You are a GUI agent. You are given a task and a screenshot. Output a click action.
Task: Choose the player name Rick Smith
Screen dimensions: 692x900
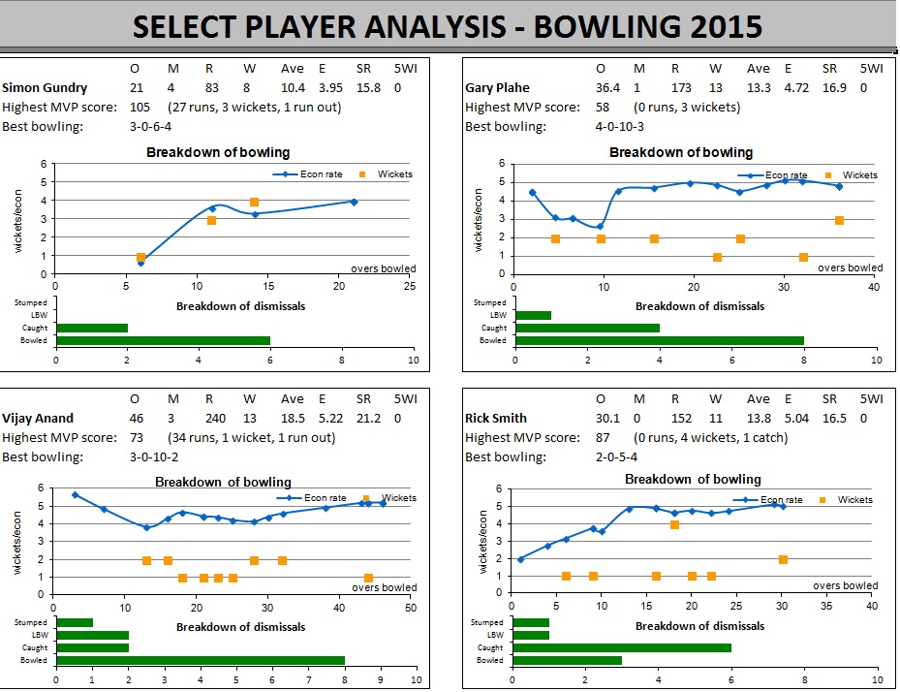496,419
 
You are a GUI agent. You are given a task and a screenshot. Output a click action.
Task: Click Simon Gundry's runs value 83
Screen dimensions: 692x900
213,88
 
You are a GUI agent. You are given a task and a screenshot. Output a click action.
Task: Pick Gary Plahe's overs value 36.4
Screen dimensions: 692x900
601,88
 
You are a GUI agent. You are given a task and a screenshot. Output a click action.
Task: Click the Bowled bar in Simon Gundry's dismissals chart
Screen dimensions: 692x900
163,340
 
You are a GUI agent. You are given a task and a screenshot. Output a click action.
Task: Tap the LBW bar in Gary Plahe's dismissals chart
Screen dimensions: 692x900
534,315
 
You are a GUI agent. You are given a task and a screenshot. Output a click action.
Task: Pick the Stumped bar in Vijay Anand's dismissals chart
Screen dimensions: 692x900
75,622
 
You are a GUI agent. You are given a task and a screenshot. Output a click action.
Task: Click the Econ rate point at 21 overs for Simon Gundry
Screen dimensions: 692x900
354,202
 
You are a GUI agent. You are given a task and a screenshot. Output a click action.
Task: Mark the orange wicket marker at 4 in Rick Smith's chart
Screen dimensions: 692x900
674,524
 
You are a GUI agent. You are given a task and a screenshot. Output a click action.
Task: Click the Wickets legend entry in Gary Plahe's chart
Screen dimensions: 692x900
853,175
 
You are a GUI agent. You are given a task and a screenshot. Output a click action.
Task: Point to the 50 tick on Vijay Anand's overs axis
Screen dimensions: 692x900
411,608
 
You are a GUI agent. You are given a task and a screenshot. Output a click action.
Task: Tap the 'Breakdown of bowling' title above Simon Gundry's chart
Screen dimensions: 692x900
218,152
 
